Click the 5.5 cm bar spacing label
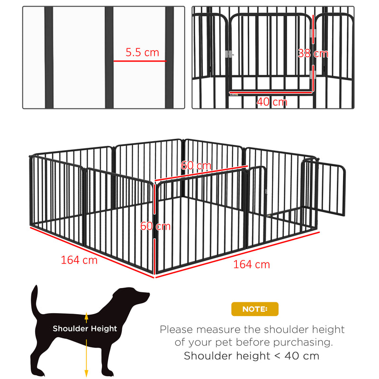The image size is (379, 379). [142, 53]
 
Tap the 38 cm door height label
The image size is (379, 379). [313, 53]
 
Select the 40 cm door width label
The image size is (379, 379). [272, 101]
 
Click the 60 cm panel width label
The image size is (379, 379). [196, 166]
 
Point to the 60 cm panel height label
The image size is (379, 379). [155, 226]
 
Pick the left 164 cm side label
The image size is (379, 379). [79, 260]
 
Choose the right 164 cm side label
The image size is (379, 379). [251, 264]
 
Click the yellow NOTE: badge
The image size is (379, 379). [255, 309]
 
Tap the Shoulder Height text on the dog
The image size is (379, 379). [85, 328]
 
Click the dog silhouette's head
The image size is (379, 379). [135, 297]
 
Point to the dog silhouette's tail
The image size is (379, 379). [34, 301]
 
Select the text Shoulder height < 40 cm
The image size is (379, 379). [252, 356]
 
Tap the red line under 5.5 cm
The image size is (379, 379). [140, 61]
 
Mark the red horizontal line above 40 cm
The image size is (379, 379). [270, 92]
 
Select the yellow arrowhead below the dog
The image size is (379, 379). [86, 373]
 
